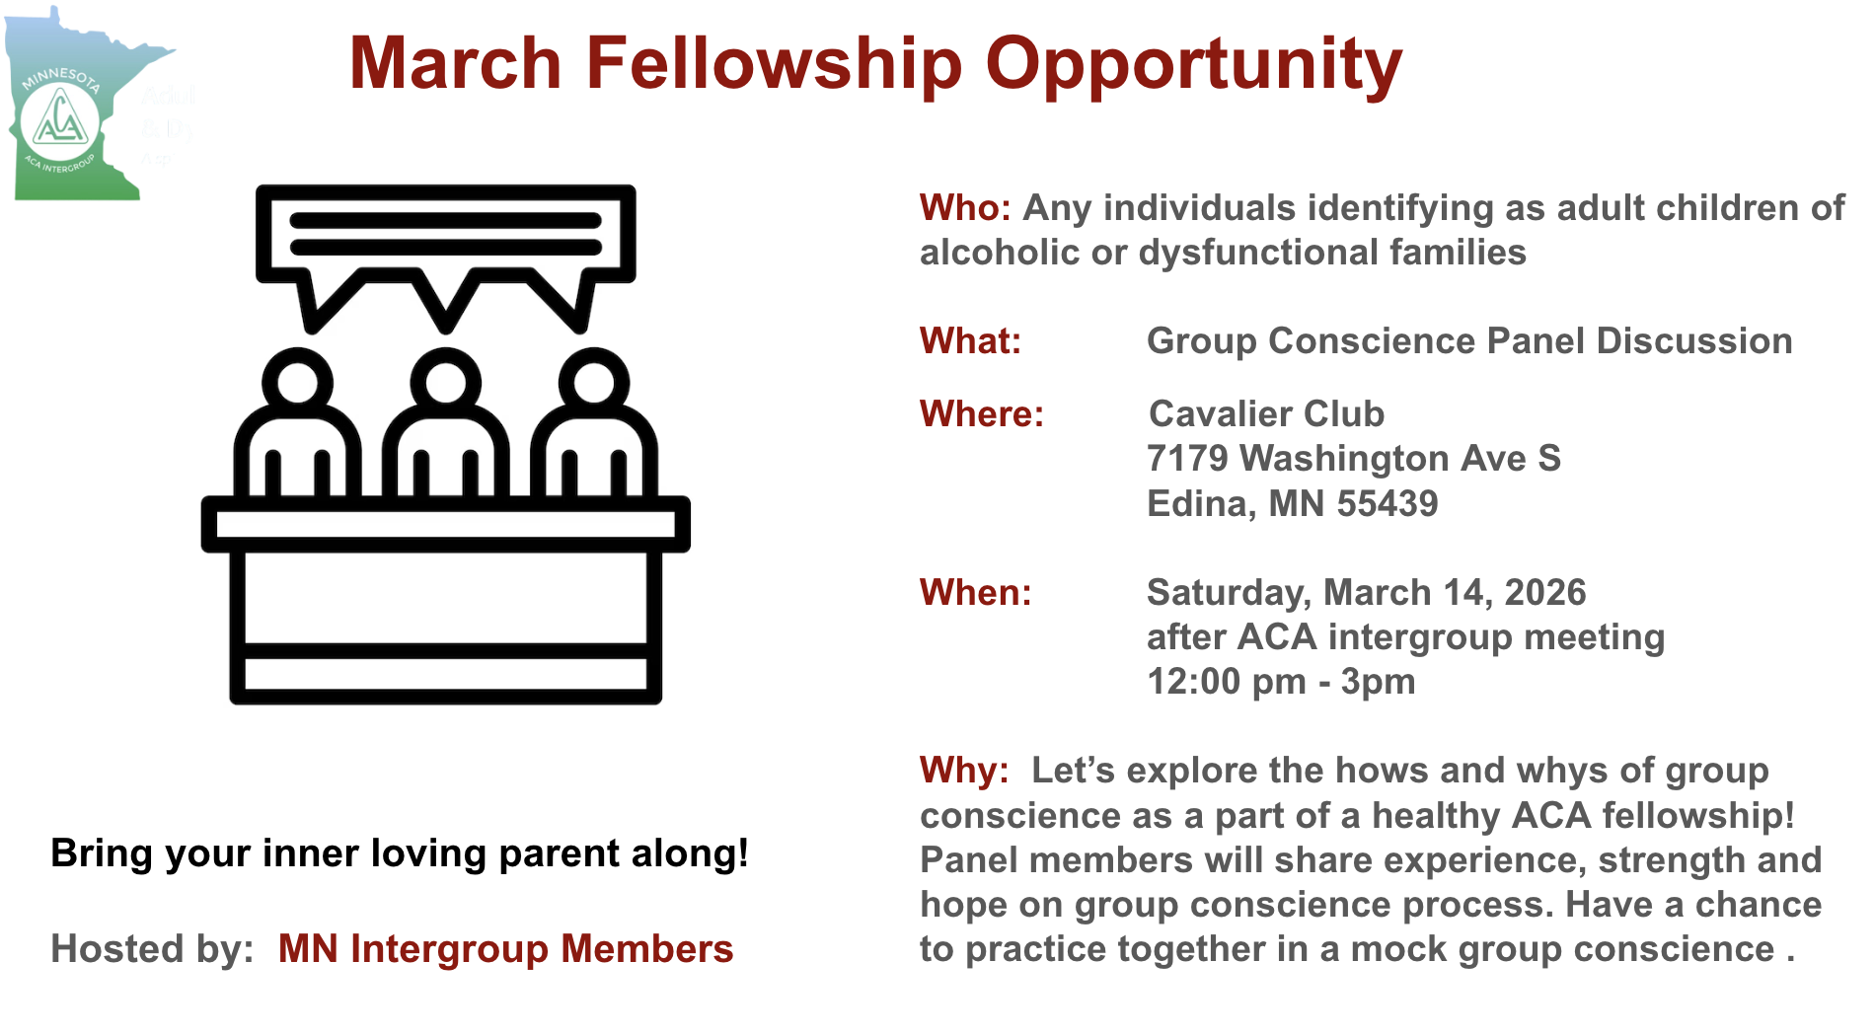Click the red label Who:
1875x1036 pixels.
965,208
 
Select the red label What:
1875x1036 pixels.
970,341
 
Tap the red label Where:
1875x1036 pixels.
982,414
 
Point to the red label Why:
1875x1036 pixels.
964,771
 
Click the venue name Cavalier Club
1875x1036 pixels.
1267,414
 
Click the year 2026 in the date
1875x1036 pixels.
1545,593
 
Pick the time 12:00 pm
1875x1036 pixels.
1227,682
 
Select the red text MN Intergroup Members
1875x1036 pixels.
505,949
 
